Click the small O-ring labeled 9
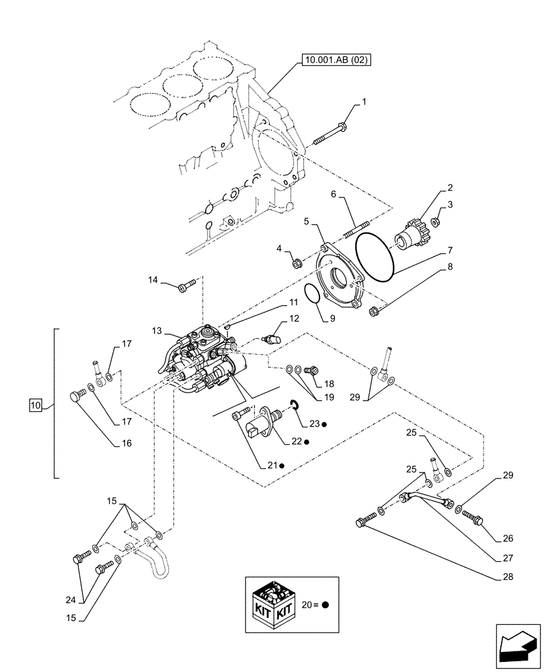click(311, 294)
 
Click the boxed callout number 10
click(35, 405)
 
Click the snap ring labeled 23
click(294, 403)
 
